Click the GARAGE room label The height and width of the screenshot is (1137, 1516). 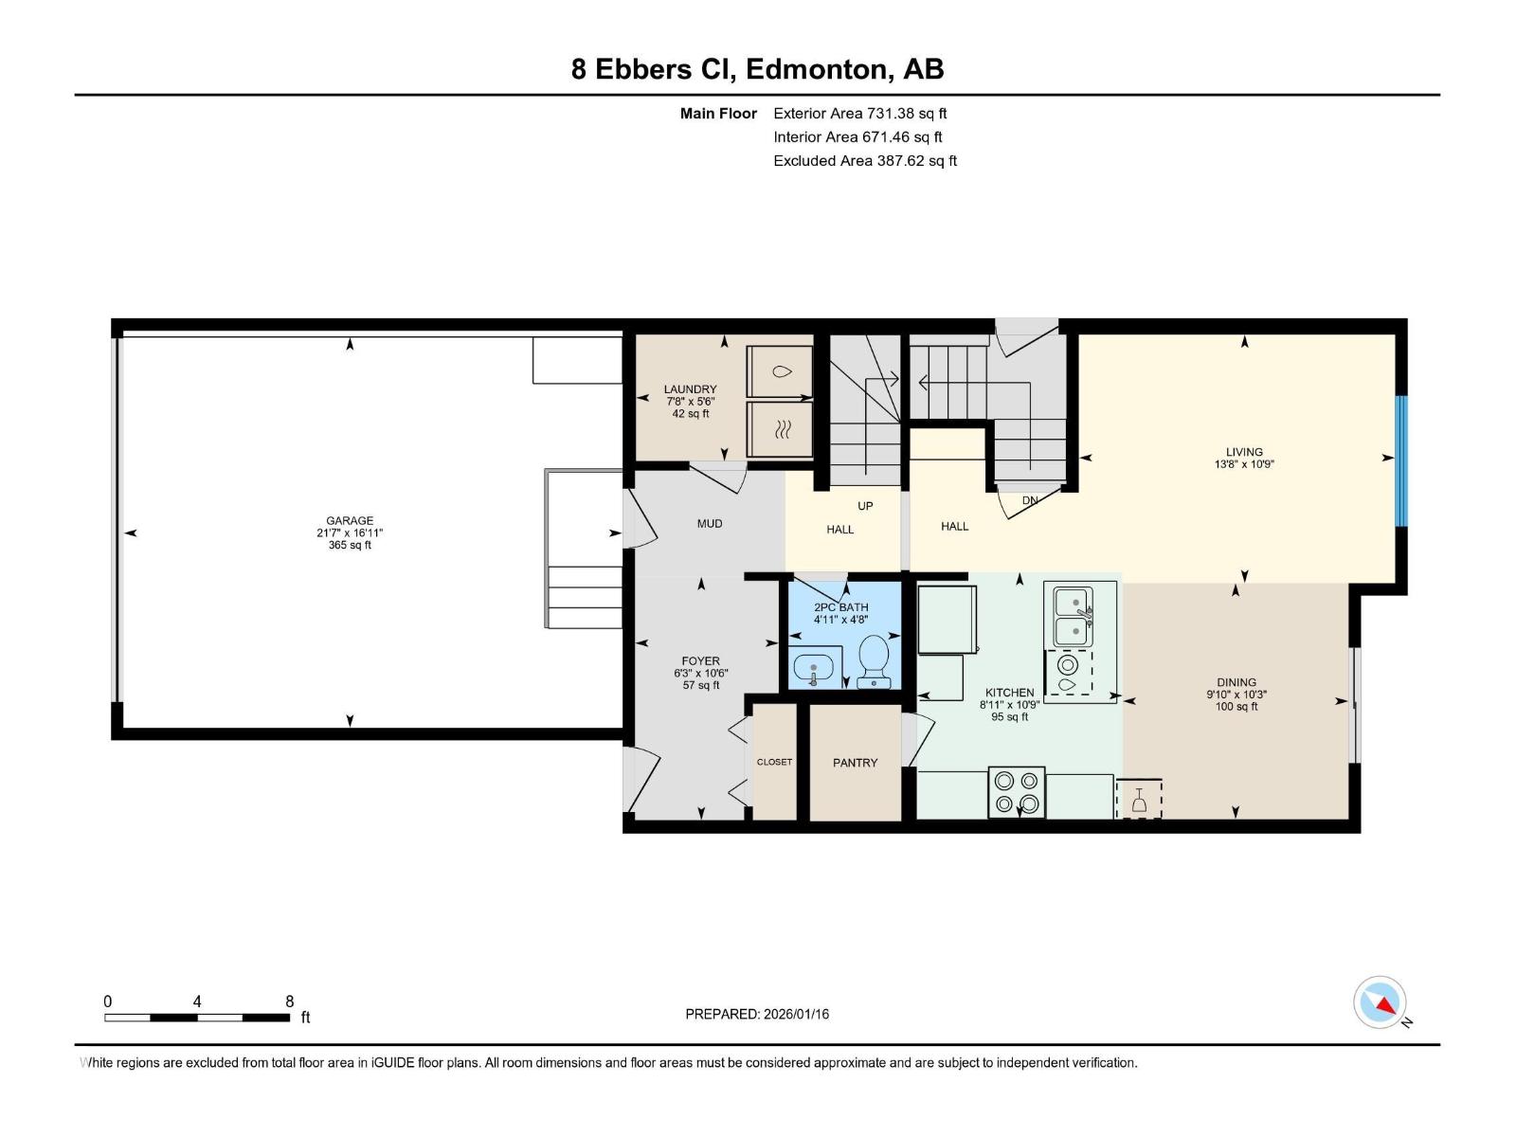(x=350, y=520)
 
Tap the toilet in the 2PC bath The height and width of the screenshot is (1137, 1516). (x=874, y=661)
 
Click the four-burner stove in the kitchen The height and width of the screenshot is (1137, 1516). (x=1016, y=792)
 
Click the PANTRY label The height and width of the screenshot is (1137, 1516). (x=855, y=763)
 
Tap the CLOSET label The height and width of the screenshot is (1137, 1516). (x=774, y=762)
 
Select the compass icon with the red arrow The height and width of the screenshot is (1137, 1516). (x=1380, y=1002)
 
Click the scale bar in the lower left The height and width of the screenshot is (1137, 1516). (x=197, y=1017)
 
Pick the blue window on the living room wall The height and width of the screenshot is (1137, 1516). (x=1401, y=460)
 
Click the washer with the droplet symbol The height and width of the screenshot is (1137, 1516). (x=780, y=371)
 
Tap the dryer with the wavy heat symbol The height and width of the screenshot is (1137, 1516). (x=780, y=429)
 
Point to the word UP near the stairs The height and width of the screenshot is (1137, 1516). (x=865, y=506)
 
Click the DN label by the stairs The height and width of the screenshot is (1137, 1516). (x=1029, y=500)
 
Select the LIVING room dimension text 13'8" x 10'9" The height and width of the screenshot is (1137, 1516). (x=1244, y=464)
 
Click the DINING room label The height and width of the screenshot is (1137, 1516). (x=1236, y=682)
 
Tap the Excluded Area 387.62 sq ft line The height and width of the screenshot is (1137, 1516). (x=865, y=161)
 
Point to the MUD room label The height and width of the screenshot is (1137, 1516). (x=710, y=523)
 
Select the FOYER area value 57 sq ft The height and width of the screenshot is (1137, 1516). (x=701, y=685)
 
